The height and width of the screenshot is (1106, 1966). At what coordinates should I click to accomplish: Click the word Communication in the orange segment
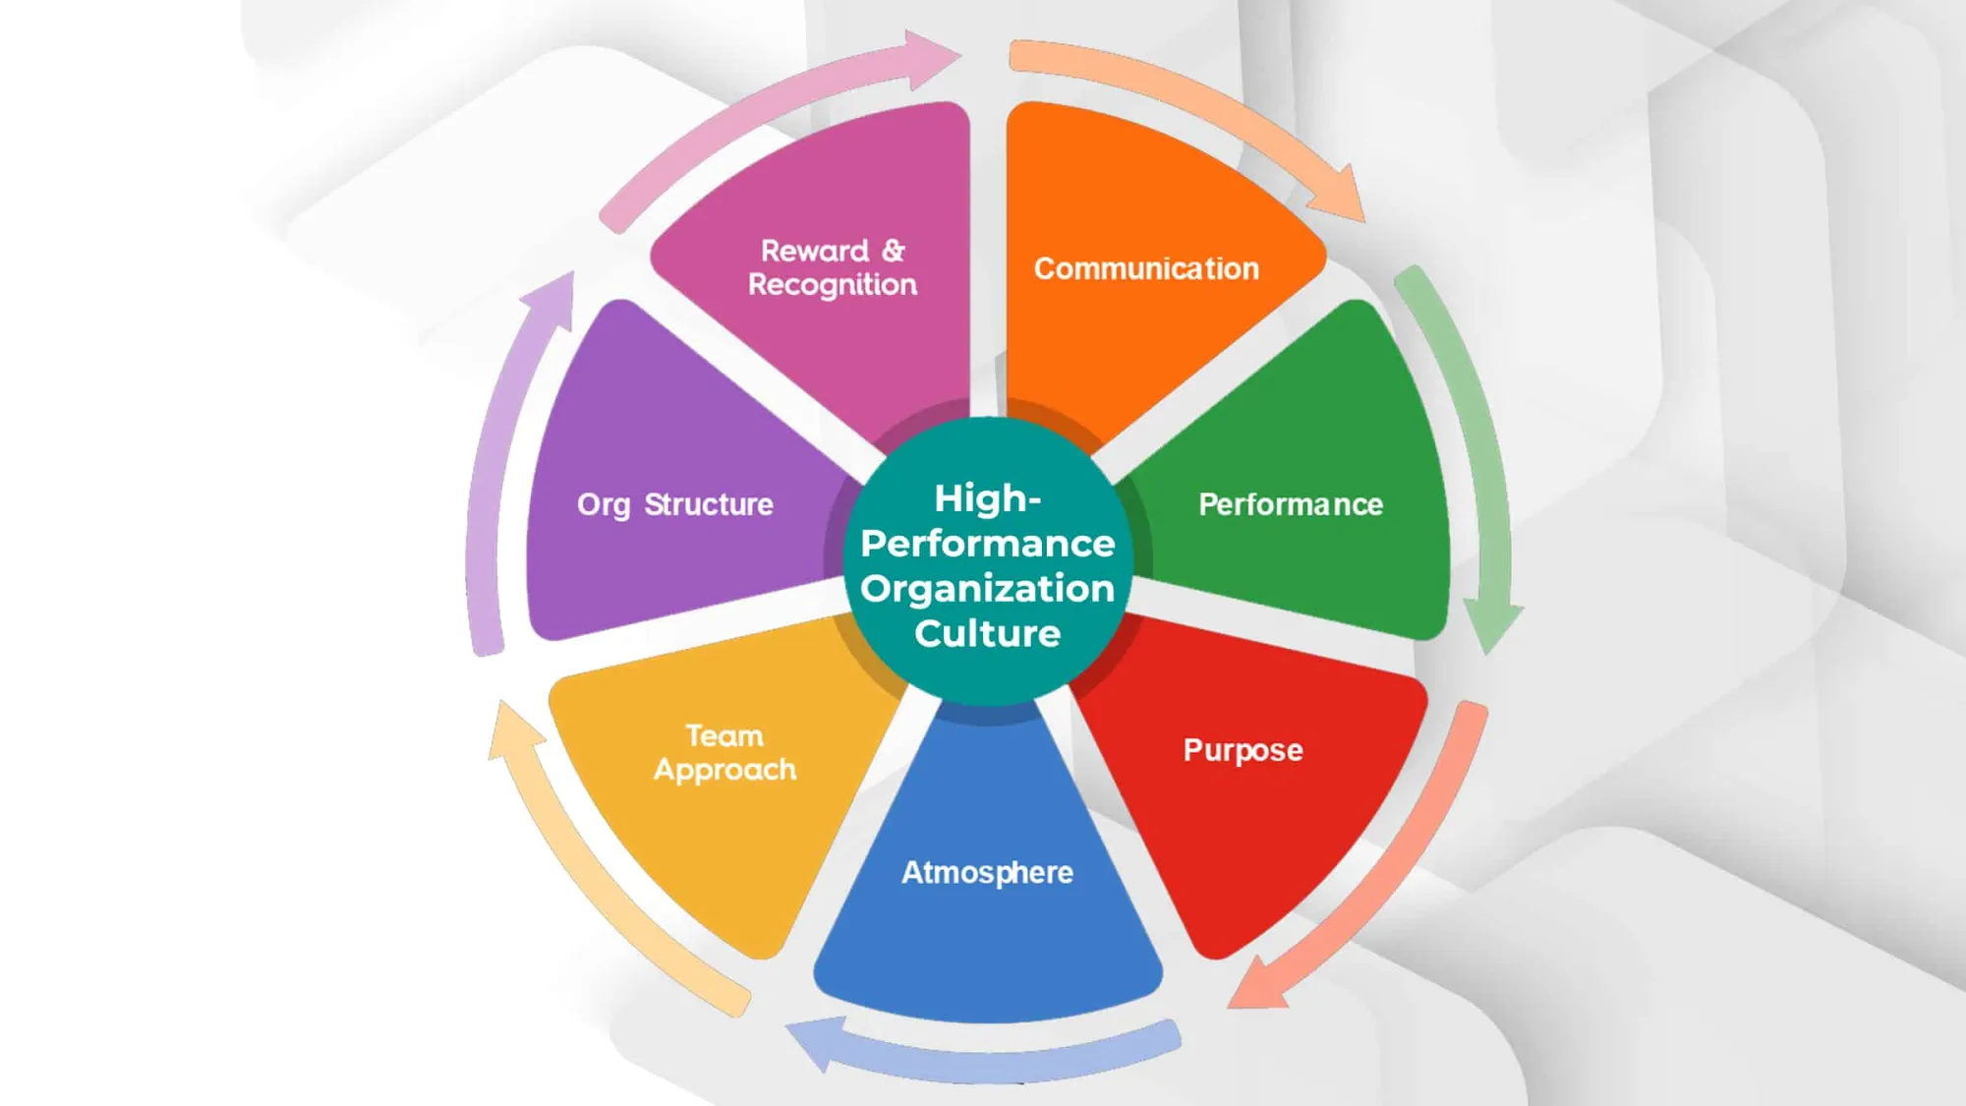(1146, 268)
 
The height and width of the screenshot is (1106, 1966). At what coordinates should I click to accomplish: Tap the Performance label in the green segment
(1291, 504)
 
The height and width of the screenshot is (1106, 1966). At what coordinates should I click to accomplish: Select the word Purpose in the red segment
(1243, 751)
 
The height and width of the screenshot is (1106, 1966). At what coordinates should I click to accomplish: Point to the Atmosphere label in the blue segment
(987, 873)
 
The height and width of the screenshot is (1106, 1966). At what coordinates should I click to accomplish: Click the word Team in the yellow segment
(724, 735)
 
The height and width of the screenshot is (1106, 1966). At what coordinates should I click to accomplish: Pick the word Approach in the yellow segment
(725, 771)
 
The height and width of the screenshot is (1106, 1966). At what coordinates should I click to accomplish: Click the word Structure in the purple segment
(709, 504)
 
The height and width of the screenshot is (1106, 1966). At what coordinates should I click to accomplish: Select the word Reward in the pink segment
(815, 251)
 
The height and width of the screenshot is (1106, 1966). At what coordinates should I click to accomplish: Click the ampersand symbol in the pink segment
(893, 251)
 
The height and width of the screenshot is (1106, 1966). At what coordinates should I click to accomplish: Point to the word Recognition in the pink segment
(833, 285)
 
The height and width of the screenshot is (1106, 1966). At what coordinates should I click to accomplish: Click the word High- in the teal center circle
(987, 498)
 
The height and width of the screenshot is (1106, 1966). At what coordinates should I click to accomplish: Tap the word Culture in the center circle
(987, 633)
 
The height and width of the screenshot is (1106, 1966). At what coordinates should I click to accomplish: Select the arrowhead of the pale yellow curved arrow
(513, 729)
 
